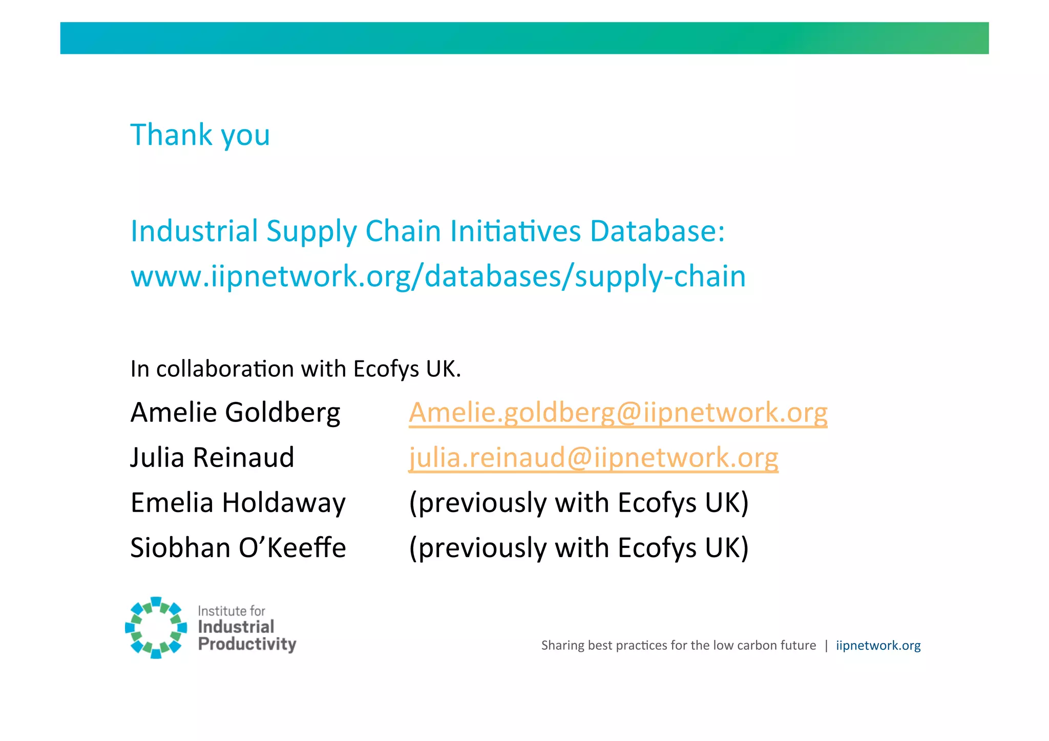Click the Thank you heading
pos(200,135)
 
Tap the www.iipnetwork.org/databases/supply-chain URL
pos(438,277)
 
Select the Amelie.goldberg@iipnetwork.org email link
pos(618,413)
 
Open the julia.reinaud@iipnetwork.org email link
pos(593,458)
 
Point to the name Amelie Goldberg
pos(235,413)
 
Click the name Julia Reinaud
pos(212,458)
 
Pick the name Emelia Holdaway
pos(238,503)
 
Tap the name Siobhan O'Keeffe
pos(238,548)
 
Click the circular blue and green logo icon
pos(156,627)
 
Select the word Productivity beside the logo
pos(247,644)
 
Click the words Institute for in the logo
pos(232,611)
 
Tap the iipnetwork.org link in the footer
pos(878,645)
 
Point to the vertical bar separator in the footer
pos(826,645)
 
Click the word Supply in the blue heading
pos(311,232)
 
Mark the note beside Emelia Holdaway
pos(579,503)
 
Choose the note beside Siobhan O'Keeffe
pos(579,548)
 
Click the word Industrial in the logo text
pos(236,627)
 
